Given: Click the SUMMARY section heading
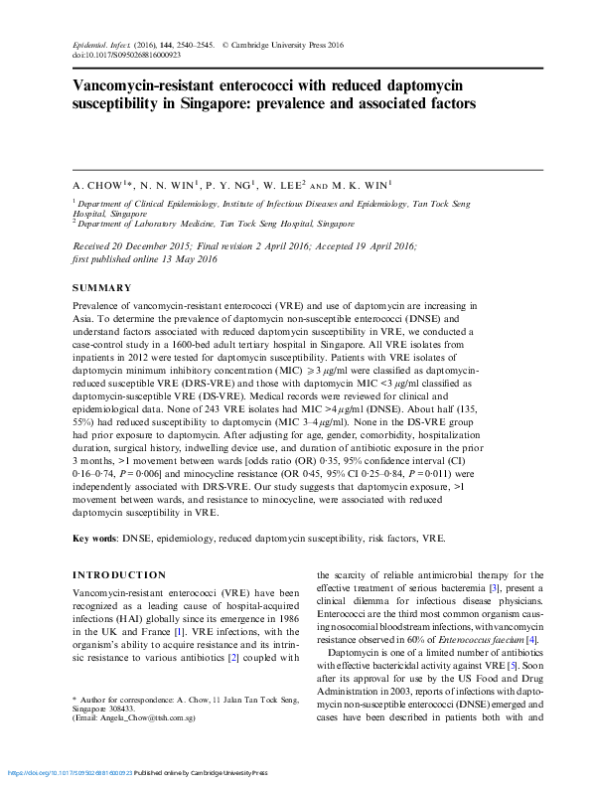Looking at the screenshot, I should point(102,288).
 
